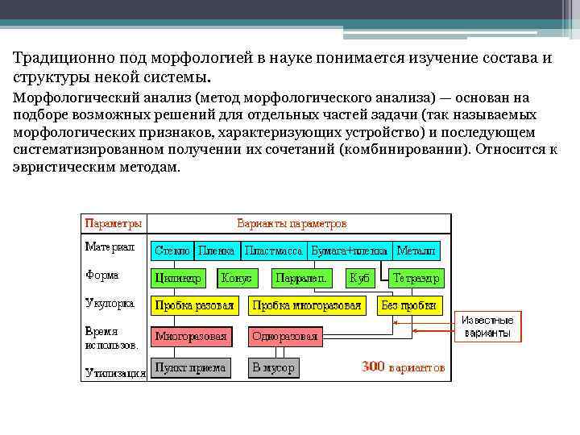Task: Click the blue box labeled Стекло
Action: (x=172, y=251)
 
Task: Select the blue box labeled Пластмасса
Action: (x=273, y=251)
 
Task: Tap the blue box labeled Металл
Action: (x=416, y=251)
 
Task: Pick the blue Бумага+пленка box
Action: (x=349, y=251)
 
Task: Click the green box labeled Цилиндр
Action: (x=176, y=278)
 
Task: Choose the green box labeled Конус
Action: (x=236, y=278)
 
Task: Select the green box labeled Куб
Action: (x=360, y=278)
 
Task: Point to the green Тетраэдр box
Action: (x=416, y=278)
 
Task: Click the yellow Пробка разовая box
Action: (x=194, y=305)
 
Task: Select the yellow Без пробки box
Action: (x=409, y=305)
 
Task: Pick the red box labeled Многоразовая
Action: (x=191, y=336)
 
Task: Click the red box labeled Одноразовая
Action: (x=285, y=336)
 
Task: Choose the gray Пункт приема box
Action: (x=191, y=367)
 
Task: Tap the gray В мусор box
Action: (x=273, y=367)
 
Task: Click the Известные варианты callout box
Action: (x=487, y=326)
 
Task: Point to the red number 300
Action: (x=373, y=367)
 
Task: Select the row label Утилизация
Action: (x=115, y=373)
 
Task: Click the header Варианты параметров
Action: (x=292, y=222)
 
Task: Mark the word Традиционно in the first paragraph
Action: (x=54, y=58)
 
